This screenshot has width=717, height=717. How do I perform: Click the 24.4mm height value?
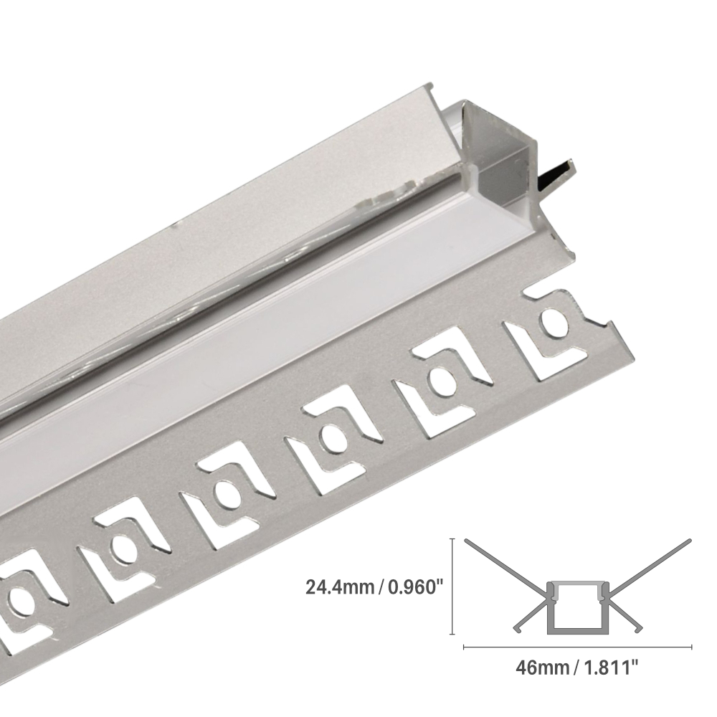coord(339,588)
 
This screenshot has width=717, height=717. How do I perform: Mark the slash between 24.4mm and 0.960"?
coord(379,588)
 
